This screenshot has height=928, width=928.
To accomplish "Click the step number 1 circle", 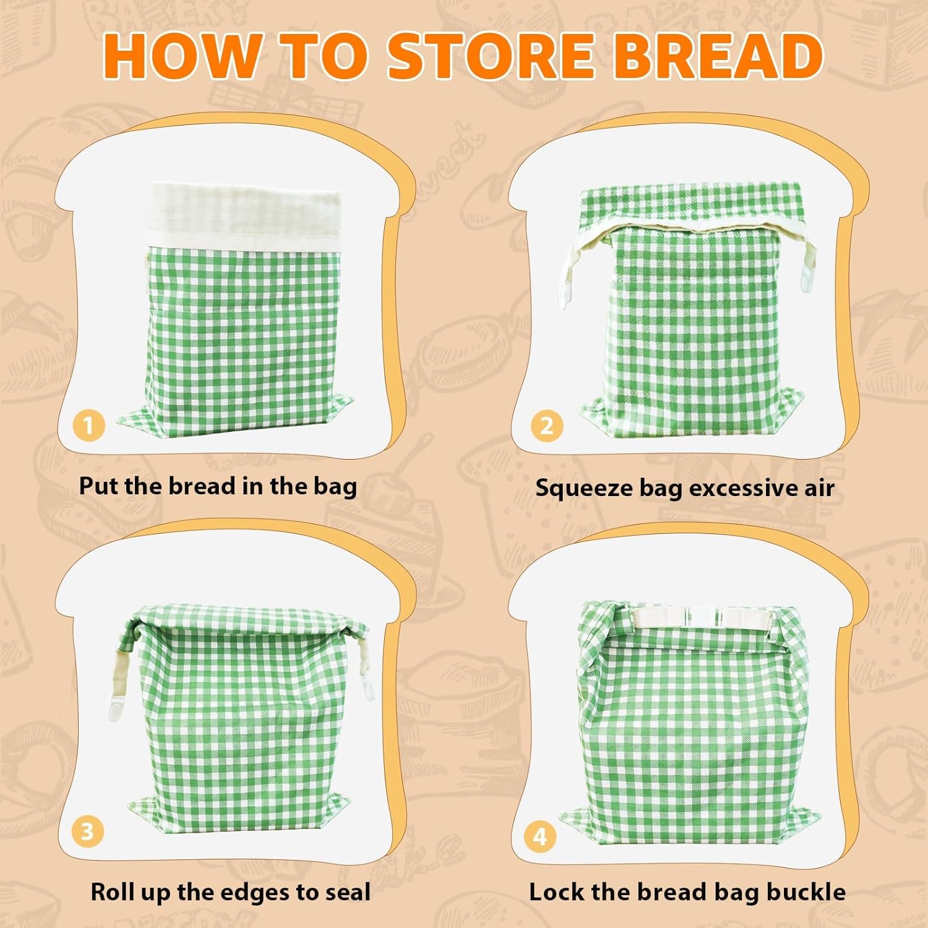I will coord(88,426).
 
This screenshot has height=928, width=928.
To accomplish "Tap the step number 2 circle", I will coord(546,426).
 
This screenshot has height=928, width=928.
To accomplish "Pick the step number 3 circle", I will coord(87,831).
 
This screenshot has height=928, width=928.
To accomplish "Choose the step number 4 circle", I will coord(540,836).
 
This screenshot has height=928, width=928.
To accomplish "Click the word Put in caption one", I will coord(99,486).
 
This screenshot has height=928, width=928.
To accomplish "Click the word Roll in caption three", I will coord(113,892).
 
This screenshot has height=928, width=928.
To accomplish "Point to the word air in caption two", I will coord(819,488).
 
